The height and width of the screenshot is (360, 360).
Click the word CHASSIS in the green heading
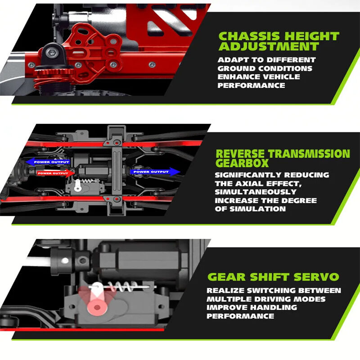point(249,36)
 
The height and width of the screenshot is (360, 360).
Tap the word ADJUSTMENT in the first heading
point(269,46)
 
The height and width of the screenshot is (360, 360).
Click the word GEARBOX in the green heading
point(242,163)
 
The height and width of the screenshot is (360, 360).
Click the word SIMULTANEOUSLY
point(256,192)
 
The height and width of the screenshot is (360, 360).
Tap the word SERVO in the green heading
point(316,277)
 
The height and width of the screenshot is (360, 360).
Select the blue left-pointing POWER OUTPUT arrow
point(48,162)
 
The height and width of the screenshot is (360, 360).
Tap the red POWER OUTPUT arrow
point(55,173)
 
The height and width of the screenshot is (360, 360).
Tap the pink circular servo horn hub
point(97,307)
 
